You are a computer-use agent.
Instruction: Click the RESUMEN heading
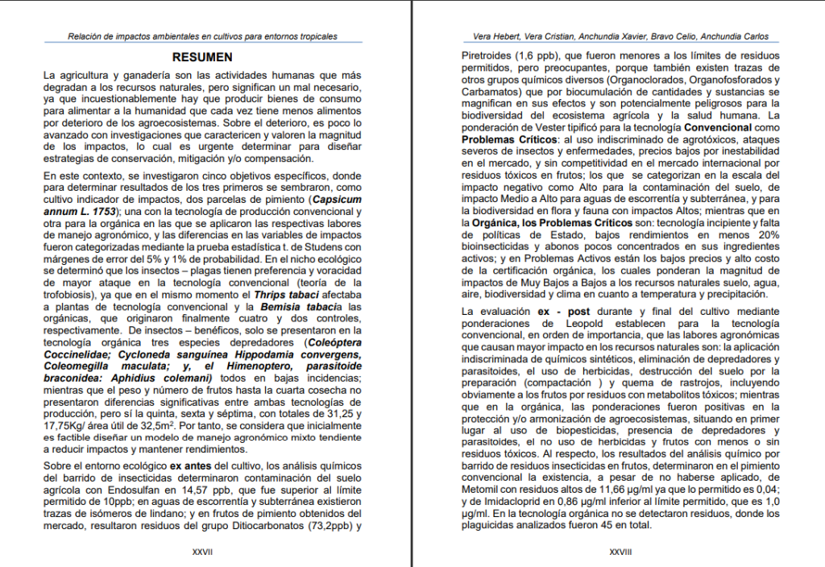202,57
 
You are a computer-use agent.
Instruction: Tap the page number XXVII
202,552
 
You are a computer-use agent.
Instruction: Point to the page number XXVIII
620,552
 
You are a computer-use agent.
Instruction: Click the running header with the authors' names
615,36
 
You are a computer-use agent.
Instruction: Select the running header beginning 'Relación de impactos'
202,36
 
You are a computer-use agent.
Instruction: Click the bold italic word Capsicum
338,200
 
